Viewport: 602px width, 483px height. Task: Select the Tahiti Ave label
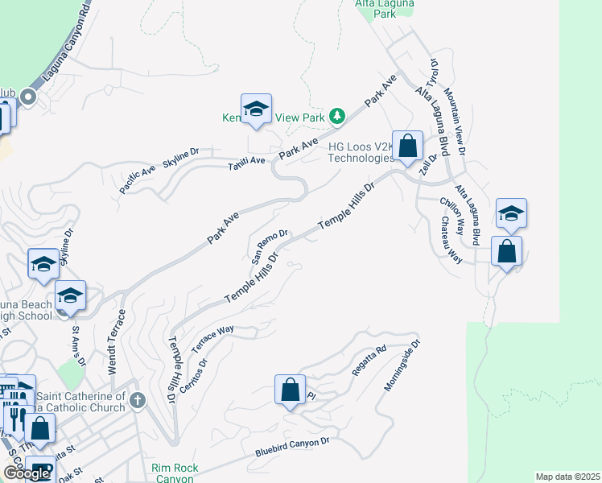point(245,161)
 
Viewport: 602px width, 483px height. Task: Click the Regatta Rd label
point(369,361)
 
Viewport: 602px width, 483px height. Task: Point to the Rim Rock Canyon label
point(172,473)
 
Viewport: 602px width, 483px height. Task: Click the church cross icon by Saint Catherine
point(138,399)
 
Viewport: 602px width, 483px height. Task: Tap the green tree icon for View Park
point(338,118)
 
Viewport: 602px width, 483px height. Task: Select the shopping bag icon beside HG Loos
point(408,147)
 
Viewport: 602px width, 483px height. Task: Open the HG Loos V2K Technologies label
point(361,153)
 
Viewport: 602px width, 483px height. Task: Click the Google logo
point(26,473)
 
